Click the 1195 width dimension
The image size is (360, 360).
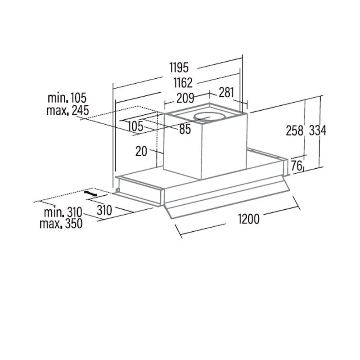[179, 67]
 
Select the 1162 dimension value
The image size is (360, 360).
[183, 83]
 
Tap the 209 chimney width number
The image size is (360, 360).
[185, 98]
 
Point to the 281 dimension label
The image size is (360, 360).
[226, 93]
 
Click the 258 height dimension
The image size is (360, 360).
[295, 130]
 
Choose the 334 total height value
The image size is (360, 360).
[318, 130]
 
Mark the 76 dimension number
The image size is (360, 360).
[297, 166]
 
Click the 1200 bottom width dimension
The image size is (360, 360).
[249, 219]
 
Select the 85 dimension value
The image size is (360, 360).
[185, 129]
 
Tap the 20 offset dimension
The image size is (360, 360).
[141, 151]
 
